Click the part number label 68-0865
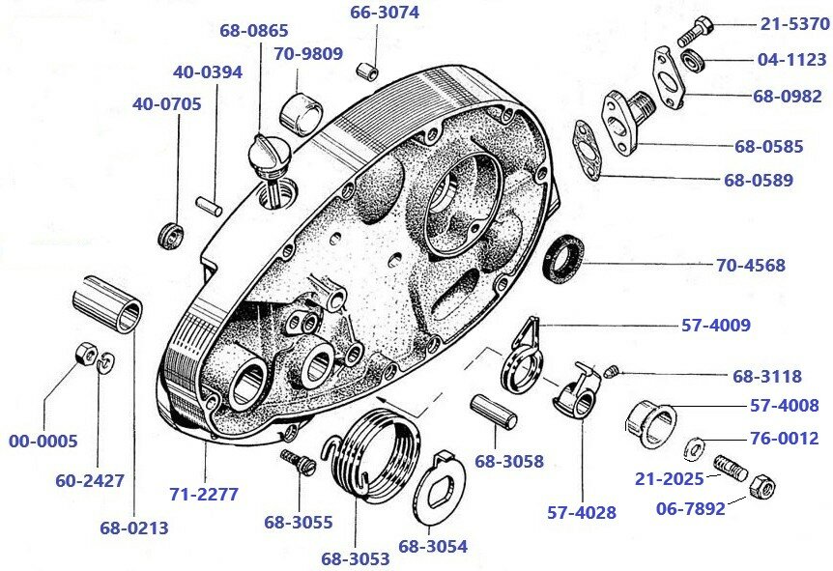[253, 30]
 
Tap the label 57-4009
[715, 326]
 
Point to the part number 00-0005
[43, 441]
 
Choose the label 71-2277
[203, 494]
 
